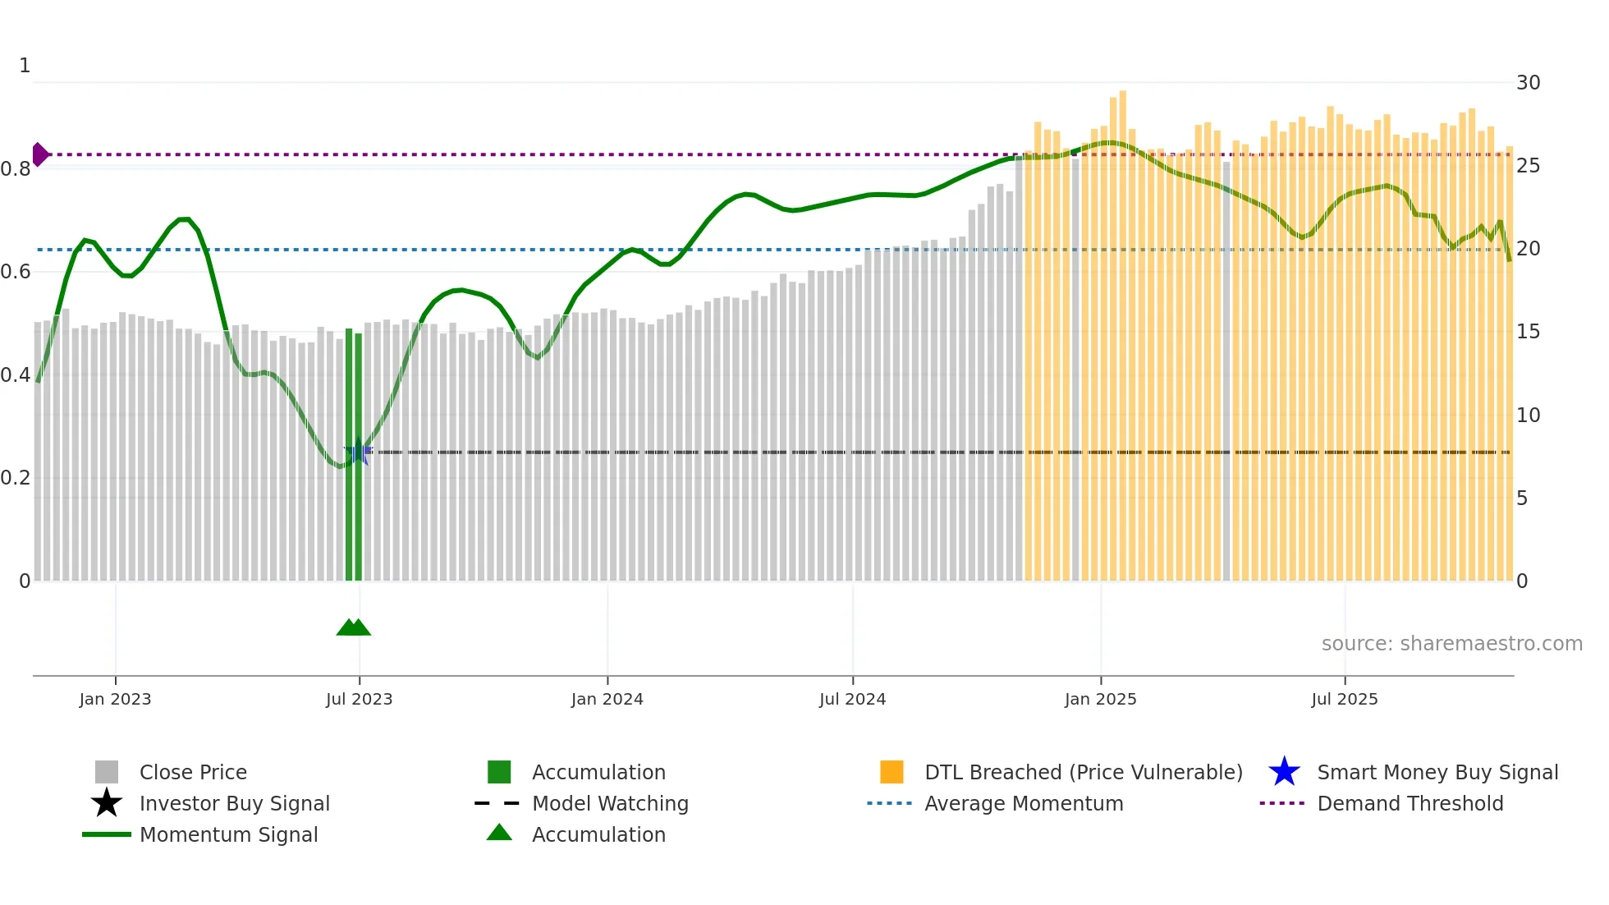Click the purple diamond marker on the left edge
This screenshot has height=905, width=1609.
tap(39, 154)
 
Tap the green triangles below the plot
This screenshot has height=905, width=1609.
tap(354, 627)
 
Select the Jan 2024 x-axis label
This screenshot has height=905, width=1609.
tap(607, 699)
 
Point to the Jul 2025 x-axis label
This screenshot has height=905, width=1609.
tap(1344, 699)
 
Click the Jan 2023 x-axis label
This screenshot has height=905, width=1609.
tap(115, 699)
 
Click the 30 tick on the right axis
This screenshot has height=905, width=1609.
tap(1528, 83)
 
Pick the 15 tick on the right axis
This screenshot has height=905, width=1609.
tap(1528, 332)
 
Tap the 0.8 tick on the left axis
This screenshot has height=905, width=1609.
tap(16, 169)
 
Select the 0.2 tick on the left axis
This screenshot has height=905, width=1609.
tap(16, 478)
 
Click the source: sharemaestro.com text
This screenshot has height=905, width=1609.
tap(1451, 644)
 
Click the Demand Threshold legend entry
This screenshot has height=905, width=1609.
tap(1410, 803)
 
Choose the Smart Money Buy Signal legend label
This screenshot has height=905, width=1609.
tap(1437, 772)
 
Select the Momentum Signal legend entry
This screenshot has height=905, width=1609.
tap(228, 834)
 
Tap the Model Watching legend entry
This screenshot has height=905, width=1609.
tap(609, 803)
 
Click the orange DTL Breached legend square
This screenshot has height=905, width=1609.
tap(892, 772)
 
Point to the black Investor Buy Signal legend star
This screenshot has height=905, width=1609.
tap(107, 803)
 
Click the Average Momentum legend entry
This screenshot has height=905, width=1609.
tap(1023, 803)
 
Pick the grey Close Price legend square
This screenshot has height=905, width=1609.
tap(107, 772)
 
